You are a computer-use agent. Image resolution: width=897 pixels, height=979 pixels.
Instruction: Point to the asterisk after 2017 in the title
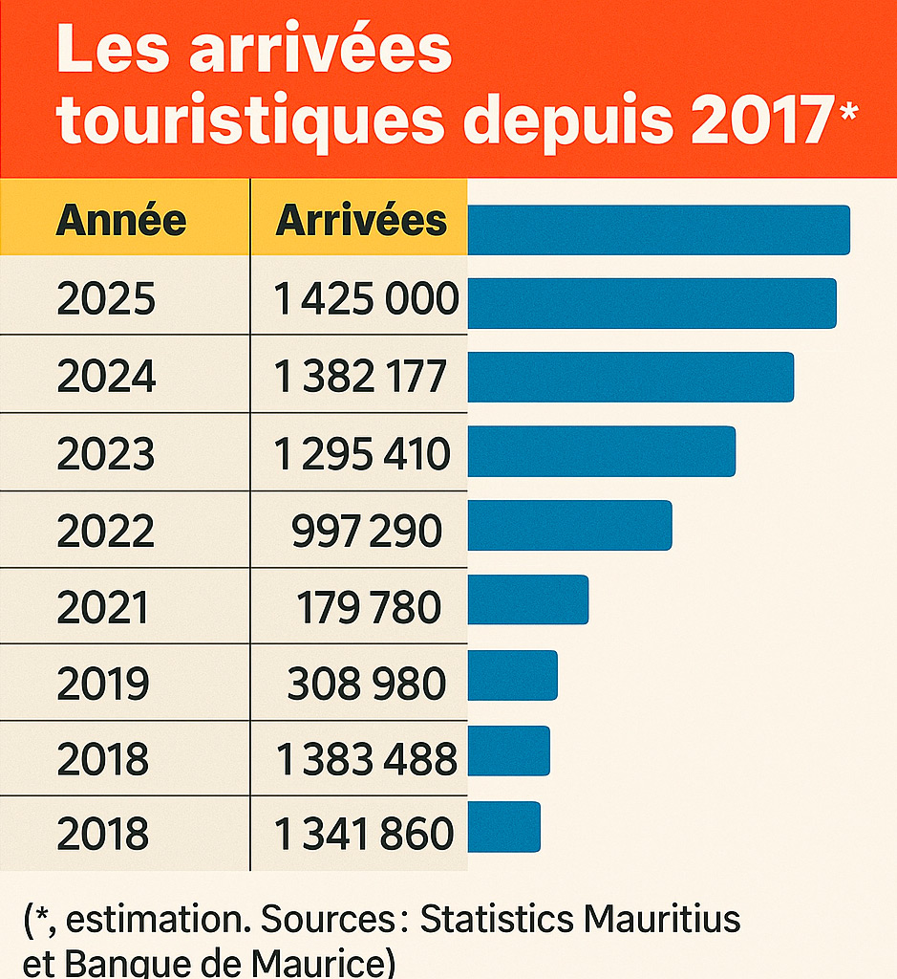point(848,112)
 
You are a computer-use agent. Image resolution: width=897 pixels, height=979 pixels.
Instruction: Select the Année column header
point(121,221)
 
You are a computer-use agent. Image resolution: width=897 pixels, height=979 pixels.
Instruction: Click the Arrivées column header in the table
point(361,221)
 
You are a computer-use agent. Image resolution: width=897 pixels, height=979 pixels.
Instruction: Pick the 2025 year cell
point(106,300)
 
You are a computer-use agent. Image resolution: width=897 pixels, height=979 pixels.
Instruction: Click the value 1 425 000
point(367,300)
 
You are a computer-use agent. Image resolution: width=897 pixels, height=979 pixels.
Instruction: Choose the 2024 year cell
point(106,377)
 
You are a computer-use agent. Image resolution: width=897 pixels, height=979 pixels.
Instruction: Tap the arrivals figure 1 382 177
point(360,377)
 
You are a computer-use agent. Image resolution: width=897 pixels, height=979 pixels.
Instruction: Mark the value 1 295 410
point(362,453)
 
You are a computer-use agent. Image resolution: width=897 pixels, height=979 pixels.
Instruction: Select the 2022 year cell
point(106,531)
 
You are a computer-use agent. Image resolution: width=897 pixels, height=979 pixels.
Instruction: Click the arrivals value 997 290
point(367,531)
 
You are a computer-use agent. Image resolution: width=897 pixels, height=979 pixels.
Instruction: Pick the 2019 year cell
point(103,684)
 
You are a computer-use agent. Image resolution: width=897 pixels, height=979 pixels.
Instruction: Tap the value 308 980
point(367,684)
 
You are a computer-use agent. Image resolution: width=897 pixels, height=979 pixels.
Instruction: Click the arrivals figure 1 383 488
point(367,759)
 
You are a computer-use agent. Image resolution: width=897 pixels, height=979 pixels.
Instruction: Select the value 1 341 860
point(364,834)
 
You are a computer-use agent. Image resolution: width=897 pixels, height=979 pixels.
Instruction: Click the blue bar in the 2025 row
point(651,304)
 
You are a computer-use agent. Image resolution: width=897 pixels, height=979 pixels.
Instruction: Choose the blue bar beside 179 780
point(527,599)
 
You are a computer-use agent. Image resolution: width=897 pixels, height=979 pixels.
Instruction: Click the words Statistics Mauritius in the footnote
point(580,920)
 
